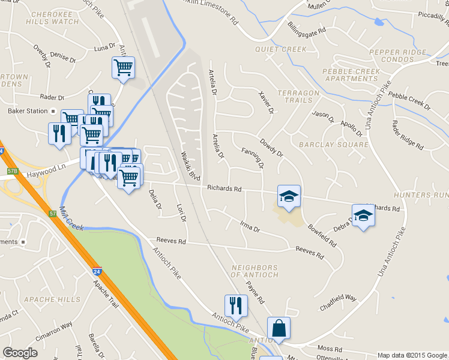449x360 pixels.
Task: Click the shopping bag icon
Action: (279, 329)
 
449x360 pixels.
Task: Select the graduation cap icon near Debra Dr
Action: (363, 215)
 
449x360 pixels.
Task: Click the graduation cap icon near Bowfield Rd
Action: (289, 196)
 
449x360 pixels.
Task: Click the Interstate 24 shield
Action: (97, 272)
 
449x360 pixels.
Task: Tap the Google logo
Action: (20, 353)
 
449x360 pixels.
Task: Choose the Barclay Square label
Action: (333, 145)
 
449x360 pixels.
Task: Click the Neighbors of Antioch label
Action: (255, 271)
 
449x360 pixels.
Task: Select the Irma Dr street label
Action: (249, 229)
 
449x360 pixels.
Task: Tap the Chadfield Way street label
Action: (338, 298)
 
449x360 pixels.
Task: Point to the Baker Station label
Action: (27, 111)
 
